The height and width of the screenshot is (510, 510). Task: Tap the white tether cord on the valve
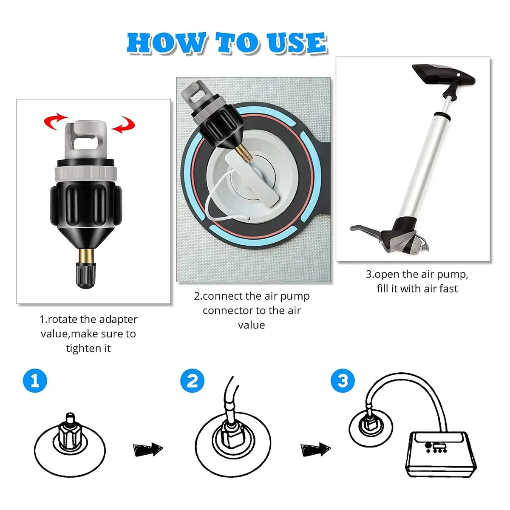[x=212, y=204]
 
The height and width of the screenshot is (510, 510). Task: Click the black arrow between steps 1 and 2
[x=147, y=449]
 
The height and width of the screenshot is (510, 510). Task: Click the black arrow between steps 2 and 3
[x=315, y=449]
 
